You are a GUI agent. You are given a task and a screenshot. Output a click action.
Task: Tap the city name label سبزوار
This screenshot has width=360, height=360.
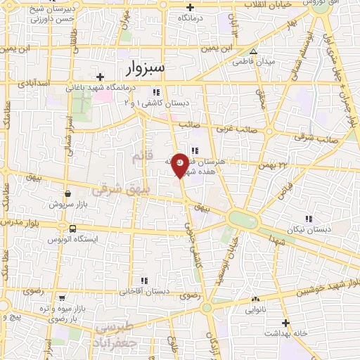[146, 68]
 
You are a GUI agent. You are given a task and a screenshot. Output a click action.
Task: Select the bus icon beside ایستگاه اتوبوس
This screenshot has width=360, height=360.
[72, 229]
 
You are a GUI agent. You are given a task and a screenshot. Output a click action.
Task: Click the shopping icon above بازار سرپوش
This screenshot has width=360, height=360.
[67, 193]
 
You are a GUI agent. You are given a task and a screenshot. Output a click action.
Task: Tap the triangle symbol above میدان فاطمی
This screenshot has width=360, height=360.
[254, 51]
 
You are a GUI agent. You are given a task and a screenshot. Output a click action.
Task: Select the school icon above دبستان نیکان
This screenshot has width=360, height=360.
[308, 219]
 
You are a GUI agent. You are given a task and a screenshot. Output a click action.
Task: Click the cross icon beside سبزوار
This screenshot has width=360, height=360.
[101, 77]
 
